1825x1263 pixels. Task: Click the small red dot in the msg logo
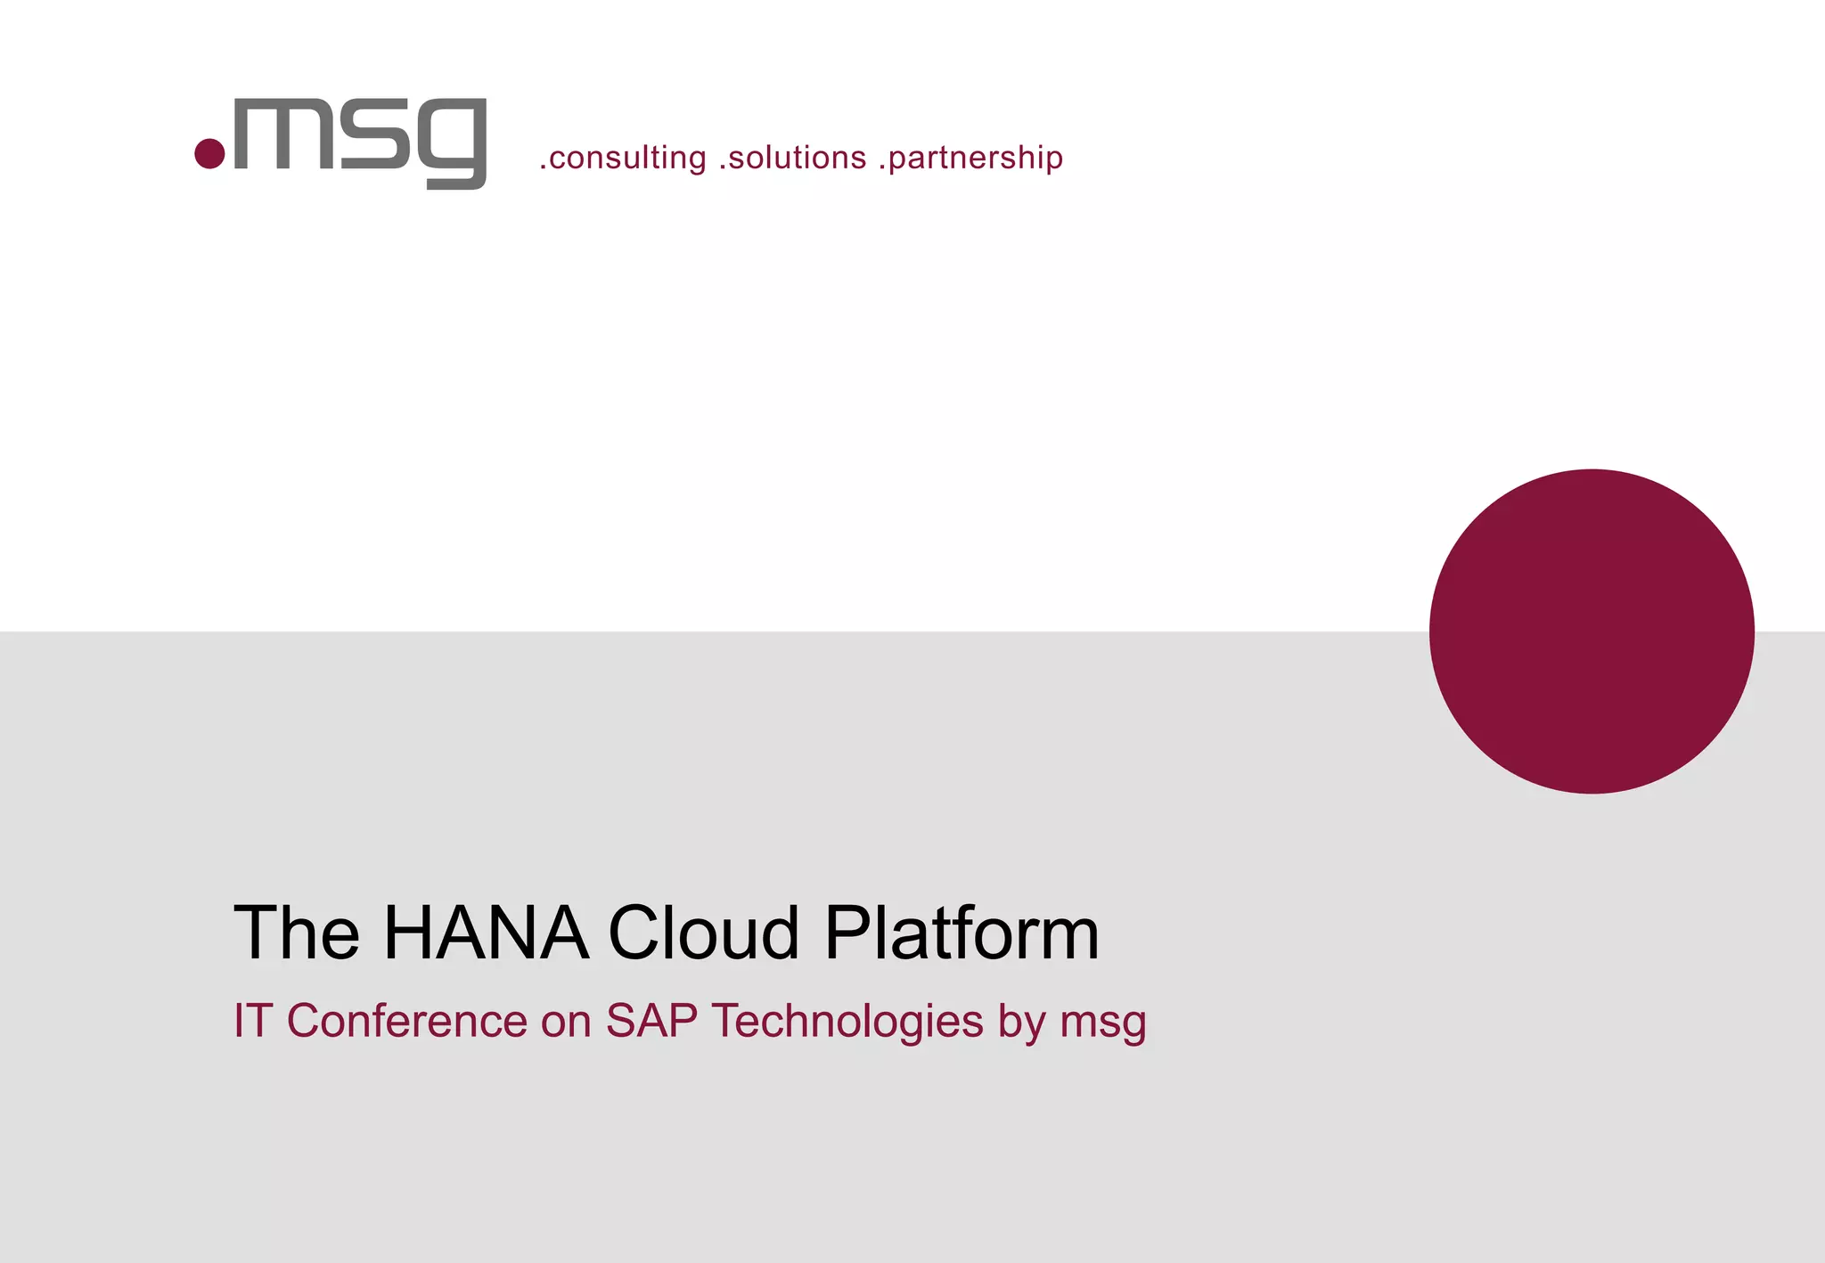pyautogui.click(x=209, y=153)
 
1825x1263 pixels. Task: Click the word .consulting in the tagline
pyautogui.click(x=623, y=158)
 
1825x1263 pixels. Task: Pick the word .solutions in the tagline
pyautogui.click(x=792, y=158)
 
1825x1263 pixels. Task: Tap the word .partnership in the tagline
pyautogui.click(x=970, y=158)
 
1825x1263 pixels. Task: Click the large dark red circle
pyautogui.click(x=1592, y=631)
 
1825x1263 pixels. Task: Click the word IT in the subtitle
pyautogui.click(x=252, y=1021)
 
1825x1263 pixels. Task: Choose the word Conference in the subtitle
pyautogui.click(x=407, y=1021)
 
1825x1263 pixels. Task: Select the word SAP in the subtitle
pyautogui.click(x=652, y=1021)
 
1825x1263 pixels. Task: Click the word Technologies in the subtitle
pyautogui.click(x=847, y=1021)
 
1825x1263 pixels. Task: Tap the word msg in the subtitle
pyautogui.click(x=1103, y=1023)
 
